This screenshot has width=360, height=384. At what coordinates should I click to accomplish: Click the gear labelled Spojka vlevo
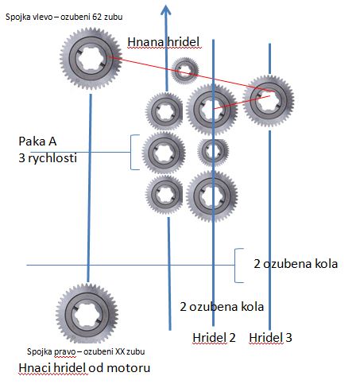pyautogui.click(x=91, y=59)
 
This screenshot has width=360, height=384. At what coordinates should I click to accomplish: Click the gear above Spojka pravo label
pyautogui.click(x=87, y=313)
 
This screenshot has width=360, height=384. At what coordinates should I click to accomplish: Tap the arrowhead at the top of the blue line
pyautogui.click(x=166, y=10)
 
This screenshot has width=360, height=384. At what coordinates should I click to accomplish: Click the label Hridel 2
pyautogui.click(x=214, y=338)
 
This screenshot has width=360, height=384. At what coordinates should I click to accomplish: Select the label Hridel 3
pyautogui.click(x=270, y=338)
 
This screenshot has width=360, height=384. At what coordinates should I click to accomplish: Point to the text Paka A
pyautogui.click(x=37, y=142)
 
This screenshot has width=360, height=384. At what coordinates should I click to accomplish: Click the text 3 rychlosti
pyautogui.click(x=48, y=158)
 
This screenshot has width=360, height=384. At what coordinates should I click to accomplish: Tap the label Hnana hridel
pyautogui.click(x=164, y=42)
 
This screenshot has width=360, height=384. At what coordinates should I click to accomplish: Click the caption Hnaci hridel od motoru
pyautogui.click(x=84, y=368)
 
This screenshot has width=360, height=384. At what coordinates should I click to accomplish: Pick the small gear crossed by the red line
pyautogui.click(x=184, y=71)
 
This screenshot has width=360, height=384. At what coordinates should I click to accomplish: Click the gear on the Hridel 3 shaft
pyautogui.click(x=269, y=101)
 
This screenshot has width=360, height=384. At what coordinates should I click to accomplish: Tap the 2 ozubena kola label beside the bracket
pyautogui.click(x=296, y=264)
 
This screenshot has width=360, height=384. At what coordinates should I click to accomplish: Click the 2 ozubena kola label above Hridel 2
pyautogui.click(x=222, y=307)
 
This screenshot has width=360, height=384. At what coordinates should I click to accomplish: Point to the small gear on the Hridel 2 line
pyautogui.click(x=213, y=151)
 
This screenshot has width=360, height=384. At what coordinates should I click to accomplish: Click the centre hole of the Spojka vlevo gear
pyautogui.click(x=91, y=59)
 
